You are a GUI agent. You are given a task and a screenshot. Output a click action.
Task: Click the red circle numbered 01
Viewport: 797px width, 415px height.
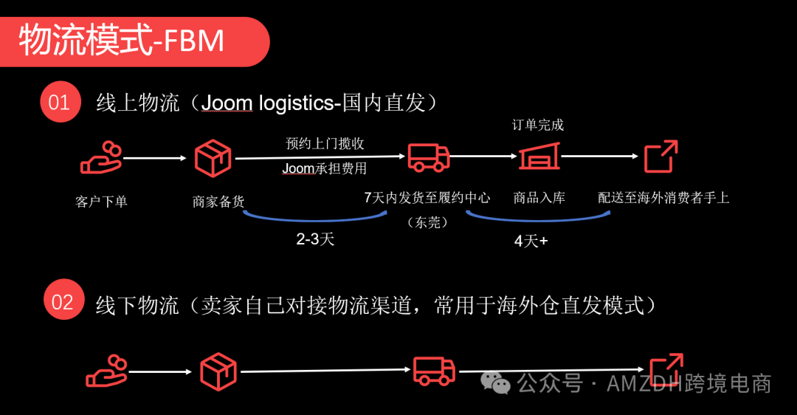[x=60, y=102]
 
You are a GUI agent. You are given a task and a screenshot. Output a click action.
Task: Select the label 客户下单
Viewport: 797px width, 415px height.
[x=102, y=201]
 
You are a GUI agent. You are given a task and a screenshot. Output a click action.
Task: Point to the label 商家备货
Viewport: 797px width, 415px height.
[x=218, y=201]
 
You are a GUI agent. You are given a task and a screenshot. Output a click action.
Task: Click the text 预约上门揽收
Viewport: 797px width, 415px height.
[x=325, y=143]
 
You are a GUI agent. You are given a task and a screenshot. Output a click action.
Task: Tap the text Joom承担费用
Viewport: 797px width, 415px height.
[x=325, y=168]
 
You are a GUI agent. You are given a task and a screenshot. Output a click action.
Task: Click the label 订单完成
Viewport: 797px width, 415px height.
[x=538, y=125]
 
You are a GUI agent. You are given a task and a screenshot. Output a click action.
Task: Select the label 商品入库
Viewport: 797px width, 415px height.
[x=539, y=198]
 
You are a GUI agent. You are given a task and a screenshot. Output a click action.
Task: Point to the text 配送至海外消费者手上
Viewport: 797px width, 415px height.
[x=663, y=198]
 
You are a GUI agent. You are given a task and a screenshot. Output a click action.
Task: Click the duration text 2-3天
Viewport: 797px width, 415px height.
[x=315, y=239]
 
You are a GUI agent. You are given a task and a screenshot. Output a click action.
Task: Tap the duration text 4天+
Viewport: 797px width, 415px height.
[x=531, y=241]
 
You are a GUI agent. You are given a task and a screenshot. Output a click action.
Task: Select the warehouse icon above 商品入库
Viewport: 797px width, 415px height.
[x=539, y=157]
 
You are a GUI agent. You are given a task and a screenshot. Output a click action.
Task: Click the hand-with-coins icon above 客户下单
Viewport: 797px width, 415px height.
[x=102, y=157]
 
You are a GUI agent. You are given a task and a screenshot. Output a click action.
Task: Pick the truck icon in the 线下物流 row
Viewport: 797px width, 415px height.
[x=434, y=370]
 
